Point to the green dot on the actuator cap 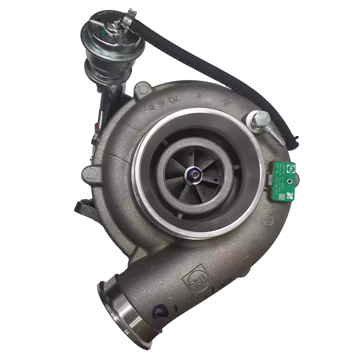(103, 30)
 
